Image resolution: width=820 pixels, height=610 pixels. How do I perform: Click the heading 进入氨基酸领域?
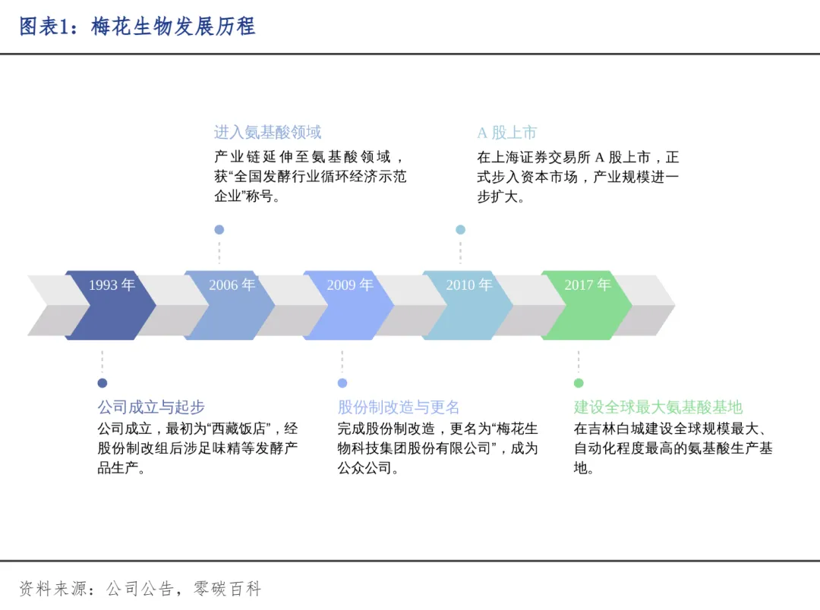267,133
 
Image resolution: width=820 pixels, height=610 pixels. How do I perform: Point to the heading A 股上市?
506,133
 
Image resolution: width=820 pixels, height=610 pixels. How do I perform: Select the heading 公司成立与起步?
151,407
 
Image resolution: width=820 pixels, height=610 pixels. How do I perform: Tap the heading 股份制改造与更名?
399,407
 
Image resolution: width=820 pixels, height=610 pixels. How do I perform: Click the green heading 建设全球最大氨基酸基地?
658,407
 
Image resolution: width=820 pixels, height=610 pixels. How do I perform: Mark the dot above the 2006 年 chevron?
219,229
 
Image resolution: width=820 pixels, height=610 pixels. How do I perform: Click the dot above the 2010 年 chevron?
460,229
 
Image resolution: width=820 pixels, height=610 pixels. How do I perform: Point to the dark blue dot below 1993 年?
102,383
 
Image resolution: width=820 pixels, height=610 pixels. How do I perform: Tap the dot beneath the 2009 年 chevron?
342,383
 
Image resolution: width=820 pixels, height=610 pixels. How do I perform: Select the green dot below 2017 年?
579,383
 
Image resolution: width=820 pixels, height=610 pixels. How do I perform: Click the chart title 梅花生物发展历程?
173,27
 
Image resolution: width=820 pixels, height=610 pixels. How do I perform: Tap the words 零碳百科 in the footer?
228,589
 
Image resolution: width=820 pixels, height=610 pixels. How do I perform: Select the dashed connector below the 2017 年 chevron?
579,362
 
